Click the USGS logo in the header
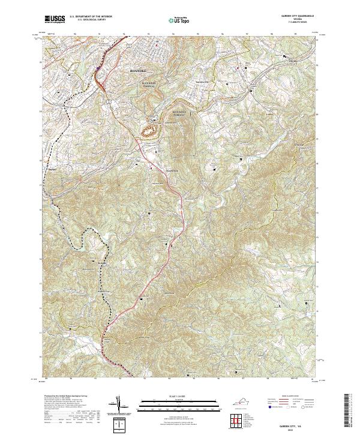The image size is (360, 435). [55, 19]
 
